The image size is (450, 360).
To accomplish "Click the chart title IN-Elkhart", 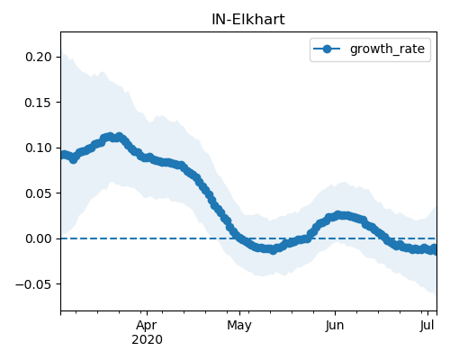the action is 248,20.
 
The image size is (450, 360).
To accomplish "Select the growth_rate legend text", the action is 387,49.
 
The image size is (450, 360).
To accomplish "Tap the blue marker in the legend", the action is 327,49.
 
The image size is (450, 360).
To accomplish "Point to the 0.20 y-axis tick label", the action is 39,57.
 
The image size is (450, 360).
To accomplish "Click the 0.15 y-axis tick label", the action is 39,103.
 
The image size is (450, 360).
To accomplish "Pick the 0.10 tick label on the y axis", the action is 39,148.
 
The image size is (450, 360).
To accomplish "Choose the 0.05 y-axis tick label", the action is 39,193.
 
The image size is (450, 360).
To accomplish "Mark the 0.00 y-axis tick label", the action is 39,238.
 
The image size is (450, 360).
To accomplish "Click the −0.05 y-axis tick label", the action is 34,284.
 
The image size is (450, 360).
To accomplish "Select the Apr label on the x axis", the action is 147,325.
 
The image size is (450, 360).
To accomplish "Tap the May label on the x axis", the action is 239,325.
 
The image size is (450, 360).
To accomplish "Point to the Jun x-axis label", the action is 335,325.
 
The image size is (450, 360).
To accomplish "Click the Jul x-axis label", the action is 427,325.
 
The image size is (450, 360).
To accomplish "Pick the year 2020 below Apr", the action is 147,339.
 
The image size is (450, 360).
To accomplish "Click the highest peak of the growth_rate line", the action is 119,137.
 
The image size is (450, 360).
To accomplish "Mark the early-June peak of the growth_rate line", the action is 338,215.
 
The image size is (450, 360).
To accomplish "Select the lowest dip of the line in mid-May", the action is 273,250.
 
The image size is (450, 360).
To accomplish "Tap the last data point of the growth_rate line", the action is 434,250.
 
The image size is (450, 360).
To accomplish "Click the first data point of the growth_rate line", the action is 62,155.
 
